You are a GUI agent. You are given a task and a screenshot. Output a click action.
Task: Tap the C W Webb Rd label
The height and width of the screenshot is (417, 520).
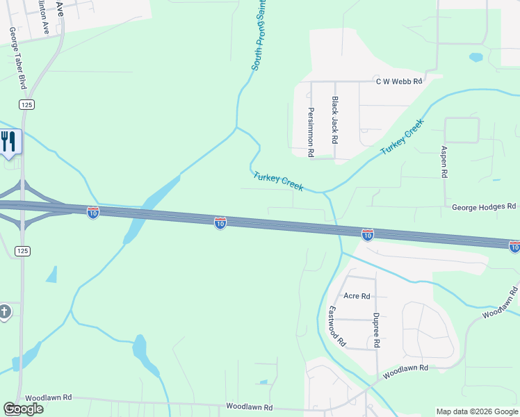tap(399, 81)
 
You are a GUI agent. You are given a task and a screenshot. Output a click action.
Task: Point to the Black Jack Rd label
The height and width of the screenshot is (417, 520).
tap(335, 120)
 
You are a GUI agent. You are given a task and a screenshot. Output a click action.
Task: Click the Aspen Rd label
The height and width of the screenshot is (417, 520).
tap(444, 162)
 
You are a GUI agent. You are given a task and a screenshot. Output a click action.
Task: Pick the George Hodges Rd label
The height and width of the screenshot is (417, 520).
tap(484, 206)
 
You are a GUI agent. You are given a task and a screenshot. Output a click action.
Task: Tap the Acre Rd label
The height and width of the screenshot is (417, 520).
tap(357, 296)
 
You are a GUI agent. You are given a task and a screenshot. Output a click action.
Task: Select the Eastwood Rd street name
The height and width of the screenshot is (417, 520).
tap(336, 326)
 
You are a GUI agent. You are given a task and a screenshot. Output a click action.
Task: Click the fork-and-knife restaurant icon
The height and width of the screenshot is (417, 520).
tap(8, 142)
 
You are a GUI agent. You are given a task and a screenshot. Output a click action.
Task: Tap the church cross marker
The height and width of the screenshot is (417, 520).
tap(4, 311)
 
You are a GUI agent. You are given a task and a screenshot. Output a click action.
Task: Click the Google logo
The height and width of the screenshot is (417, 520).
tap(23, 409)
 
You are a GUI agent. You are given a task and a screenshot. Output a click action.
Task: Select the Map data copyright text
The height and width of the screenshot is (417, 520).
tap(477, 411)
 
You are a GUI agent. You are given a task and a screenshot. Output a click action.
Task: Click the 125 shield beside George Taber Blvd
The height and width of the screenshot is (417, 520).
tap(27, 104)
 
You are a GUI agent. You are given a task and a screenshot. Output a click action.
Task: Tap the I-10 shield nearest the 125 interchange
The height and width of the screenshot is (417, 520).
tap(93, 213)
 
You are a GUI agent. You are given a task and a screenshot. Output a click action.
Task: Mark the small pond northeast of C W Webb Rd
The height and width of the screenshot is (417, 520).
tap(476, 58)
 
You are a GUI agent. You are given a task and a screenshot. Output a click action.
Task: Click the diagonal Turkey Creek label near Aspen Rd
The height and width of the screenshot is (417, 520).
tap(402, 138)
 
